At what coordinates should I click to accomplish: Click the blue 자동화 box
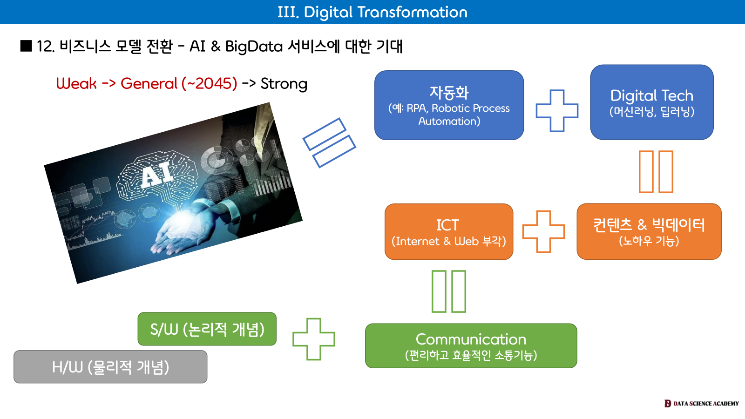449,105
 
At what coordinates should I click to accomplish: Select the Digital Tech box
651,102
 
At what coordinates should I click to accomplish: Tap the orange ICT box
448,232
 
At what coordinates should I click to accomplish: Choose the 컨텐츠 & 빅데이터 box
649,231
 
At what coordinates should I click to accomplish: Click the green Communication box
471,346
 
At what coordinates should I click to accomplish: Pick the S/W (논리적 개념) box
207,329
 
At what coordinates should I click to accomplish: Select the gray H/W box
110,367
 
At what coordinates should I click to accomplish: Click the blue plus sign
557,111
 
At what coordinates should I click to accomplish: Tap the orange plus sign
543,231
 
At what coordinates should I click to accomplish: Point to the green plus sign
313,339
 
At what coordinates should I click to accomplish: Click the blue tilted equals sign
329,142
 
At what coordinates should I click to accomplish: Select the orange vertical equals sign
656,171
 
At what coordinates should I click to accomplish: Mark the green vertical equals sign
448,291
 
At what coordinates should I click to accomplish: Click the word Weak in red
76,84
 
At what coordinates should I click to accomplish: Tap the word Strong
284,84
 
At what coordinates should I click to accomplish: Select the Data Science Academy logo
701,403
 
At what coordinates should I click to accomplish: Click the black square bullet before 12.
26,46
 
